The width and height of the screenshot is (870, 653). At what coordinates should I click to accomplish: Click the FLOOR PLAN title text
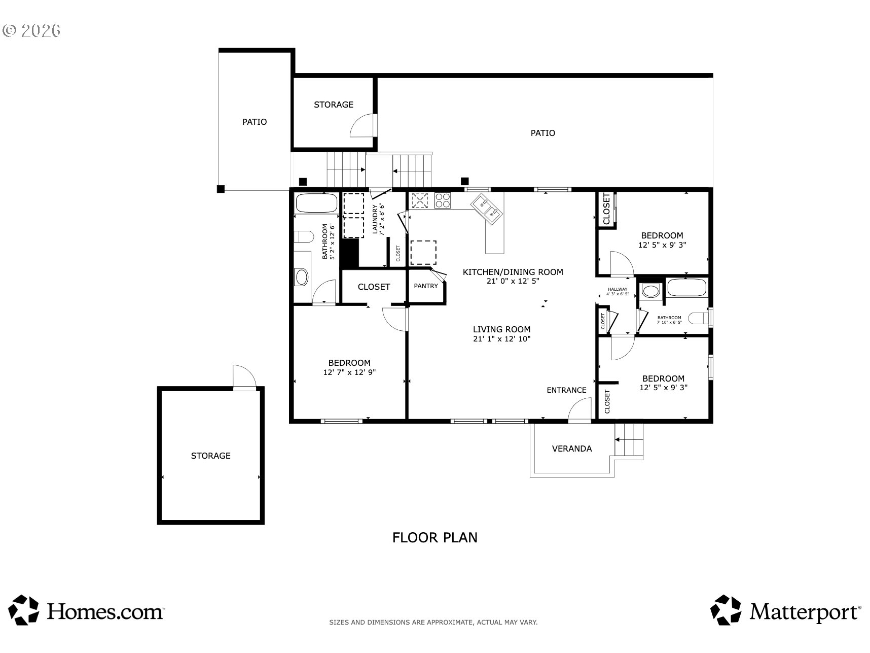pyautogui.click(x=434, y=537)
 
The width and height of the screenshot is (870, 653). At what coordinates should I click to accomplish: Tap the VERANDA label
pyautogui.click(x=571, y=449)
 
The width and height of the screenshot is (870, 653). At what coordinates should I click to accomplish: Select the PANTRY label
pyautogui.click(x=426, y=286)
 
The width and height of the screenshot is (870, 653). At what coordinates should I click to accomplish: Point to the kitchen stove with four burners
pyautogui.click(x=443, y=200)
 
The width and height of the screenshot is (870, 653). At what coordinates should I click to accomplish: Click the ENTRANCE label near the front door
pyautogui.click(x=566, y=390)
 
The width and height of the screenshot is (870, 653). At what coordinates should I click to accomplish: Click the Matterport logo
pyautogui.click(x=785, y=610)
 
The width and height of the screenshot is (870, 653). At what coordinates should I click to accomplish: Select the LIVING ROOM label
pyautogui.click(x=501, y=329)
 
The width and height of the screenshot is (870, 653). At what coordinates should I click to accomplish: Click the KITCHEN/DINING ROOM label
pyautogui.click(x=513, y=272)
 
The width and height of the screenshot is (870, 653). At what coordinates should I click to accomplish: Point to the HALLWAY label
pyautogui.click(x=618, y=289)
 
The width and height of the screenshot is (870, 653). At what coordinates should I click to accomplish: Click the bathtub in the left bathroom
pyautogui.click(x=316, y=203)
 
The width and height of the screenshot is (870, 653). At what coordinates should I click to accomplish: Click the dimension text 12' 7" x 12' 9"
pyautogui.click(x=349, y=372)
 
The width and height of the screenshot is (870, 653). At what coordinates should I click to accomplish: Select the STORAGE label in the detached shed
pyautogui.click(x=210, y=456)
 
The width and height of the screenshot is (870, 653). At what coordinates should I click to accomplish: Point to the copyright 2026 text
pyautogui.click(x=31, y=30)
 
